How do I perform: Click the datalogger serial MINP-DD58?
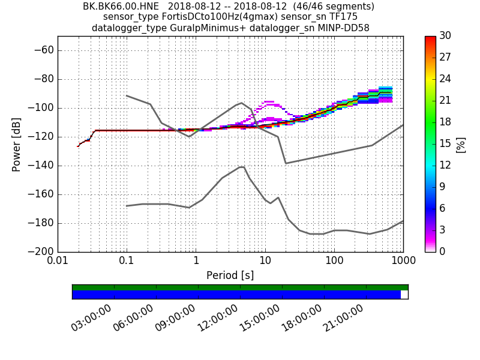click(x=339, y=28)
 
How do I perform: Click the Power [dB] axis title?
click(x=17, y=144)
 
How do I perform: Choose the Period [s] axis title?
click(x=230, y=275)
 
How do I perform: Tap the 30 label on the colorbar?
click(x=445, y=36)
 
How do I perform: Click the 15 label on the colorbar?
click(x=445, y=144)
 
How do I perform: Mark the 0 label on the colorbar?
click(x=443, y=252)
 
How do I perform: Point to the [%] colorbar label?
click(x=461, y=144)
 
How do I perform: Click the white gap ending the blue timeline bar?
click(x=404, y=295)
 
